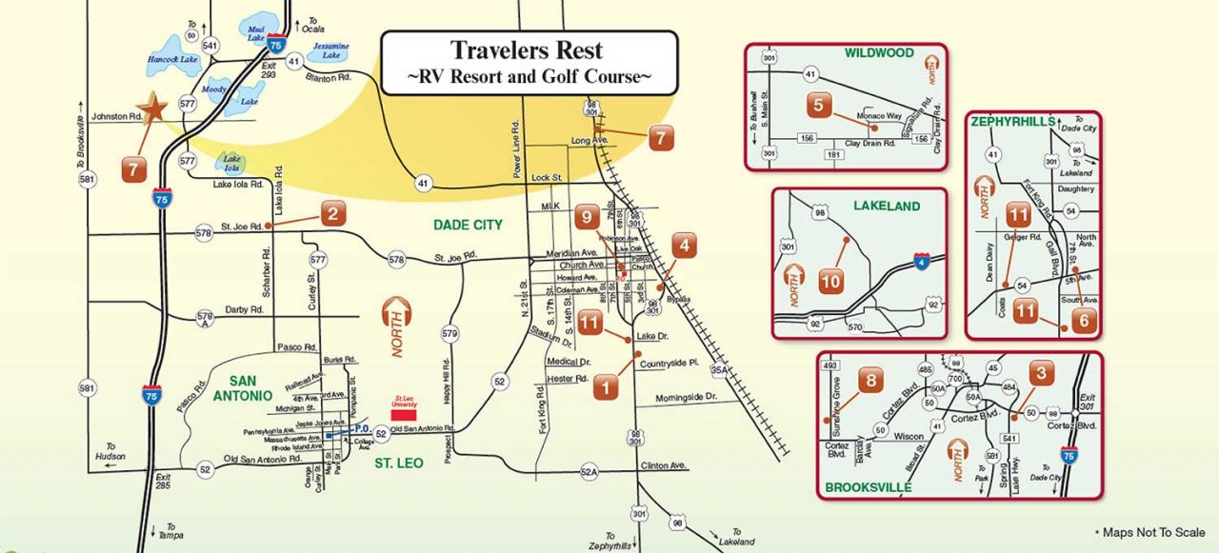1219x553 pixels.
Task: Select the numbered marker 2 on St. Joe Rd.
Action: [x=331, y=214]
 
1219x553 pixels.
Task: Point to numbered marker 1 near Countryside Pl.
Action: [x=607, y=386]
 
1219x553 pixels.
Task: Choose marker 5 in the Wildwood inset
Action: [x=818, y=105]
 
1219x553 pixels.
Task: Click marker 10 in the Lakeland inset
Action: [x=830, y=282]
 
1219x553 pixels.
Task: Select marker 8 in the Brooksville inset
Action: [x=870, y=380]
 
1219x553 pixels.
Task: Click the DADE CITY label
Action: [x=467, y=225]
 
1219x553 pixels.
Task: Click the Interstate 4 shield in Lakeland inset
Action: [x=921, y=260]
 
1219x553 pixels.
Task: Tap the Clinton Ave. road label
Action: [x=664, y=465]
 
